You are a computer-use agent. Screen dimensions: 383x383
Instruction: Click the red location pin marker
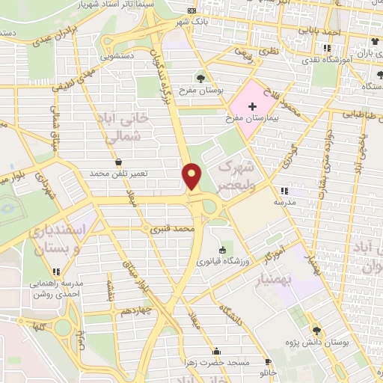coord(192,176)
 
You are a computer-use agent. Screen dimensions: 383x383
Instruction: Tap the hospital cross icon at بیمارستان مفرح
coord(252,106)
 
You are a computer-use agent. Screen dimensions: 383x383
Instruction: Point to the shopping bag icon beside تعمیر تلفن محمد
coord(119,162)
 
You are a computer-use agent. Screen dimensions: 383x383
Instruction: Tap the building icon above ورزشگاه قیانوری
coord(222,250)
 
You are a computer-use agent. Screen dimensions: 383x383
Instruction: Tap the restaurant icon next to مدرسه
coord(283,190)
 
